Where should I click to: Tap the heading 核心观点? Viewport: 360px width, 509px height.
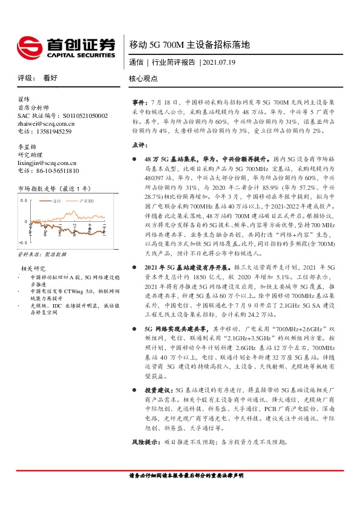(144, 79)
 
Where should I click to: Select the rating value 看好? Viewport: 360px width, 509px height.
(50, 79)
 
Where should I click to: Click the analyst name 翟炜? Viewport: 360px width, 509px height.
(24, 99)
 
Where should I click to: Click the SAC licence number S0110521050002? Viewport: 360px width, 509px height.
(80, 115)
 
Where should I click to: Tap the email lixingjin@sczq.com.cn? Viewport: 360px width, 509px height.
(47, 163)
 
